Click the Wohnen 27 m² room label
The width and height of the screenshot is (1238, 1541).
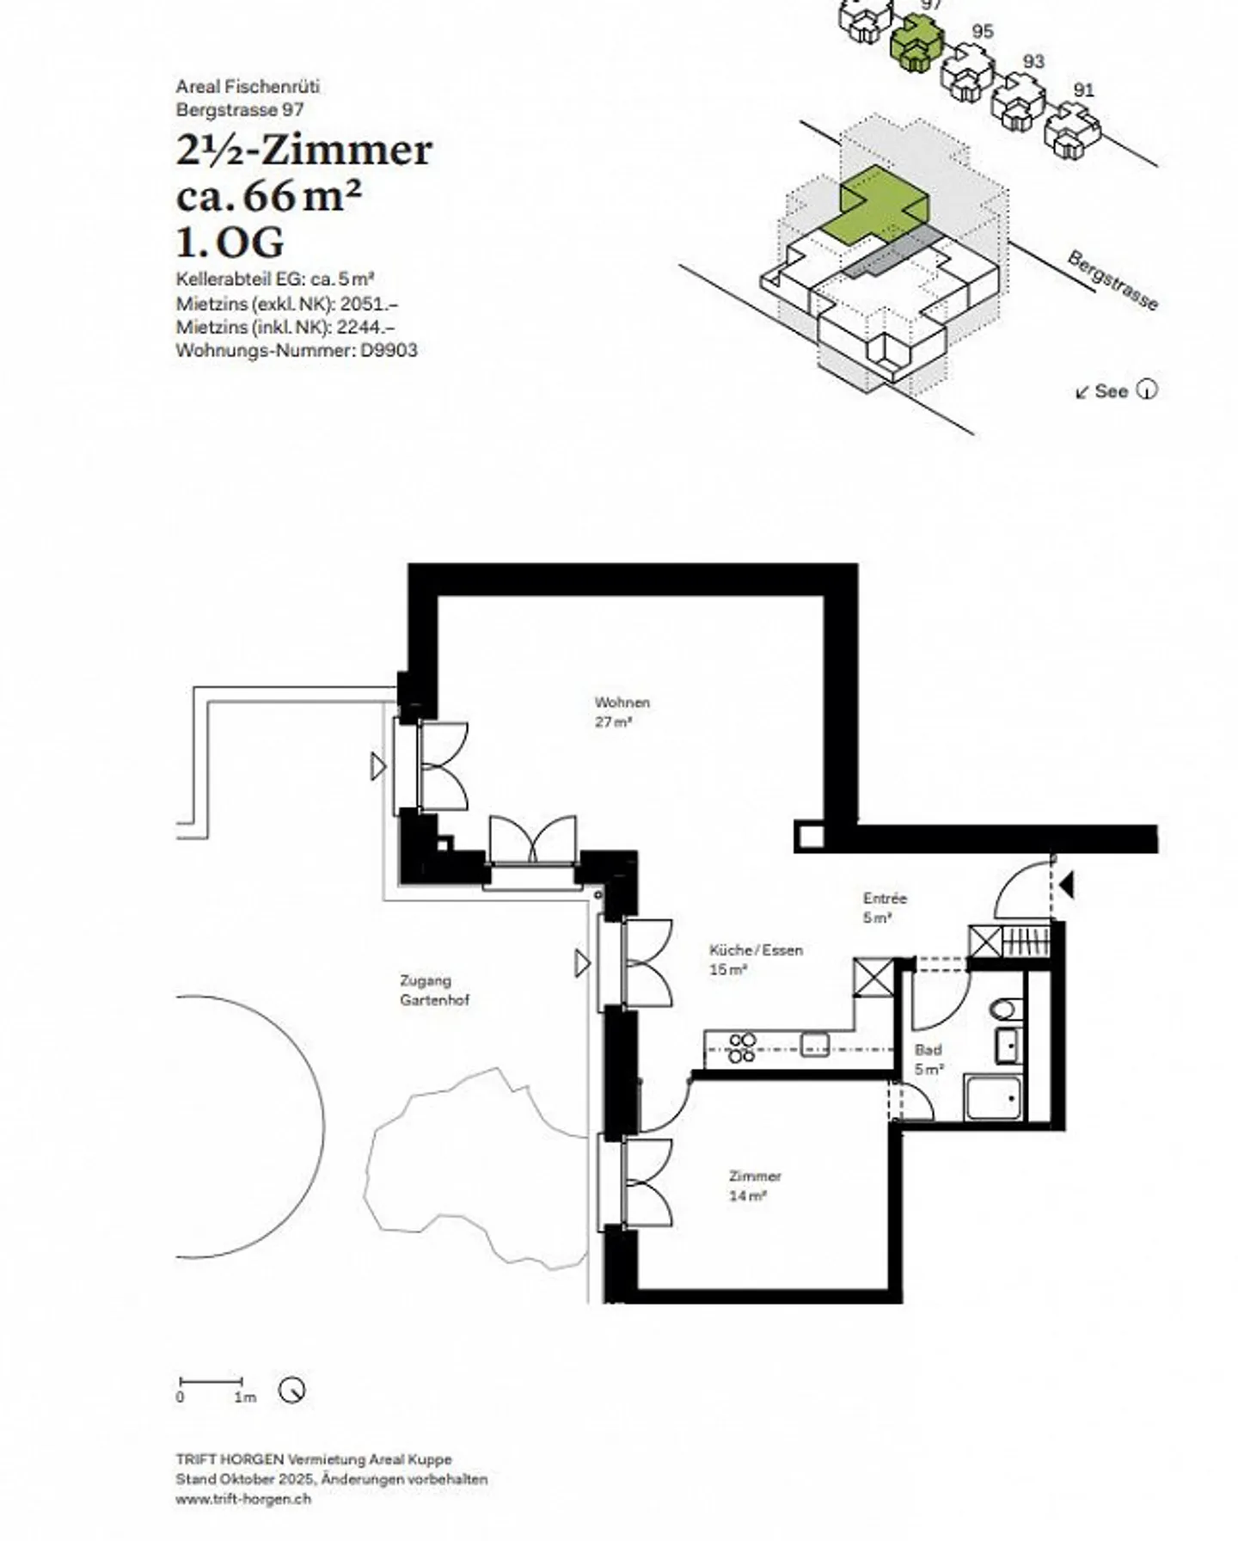[622, 712]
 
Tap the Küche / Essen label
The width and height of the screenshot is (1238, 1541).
[755, 959]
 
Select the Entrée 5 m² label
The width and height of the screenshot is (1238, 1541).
[884, 907]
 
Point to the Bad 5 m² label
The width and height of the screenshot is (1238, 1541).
[929, 1059]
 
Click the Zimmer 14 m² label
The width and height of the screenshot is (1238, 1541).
[754, 1185]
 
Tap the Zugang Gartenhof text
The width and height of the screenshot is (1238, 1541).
[434, 990]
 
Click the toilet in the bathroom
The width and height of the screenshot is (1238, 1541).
[1005, 1009]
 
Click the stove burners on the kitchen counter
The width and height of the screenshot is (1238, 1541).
[742, 1047]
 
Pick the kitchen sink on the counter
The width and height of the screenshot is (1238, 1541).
[814, 1044]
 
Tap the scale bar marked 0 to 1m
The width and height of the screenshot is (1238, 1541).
[211, 1381]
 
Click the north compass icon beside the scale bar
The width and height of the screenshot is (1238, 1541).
[292, 1390]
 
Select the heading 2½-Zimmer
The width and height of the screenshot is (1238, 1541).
[303, 150]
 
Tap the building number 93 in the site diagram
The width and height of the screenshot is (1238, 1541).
[1033, 62]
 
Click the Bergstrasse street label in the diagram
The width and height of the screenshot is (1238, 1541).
[1112, 280]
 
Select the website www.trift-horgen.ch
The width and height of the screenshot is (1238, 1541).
[243, 1499]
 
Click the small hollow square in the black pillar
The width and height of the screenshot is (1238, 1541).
[808, 835]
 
